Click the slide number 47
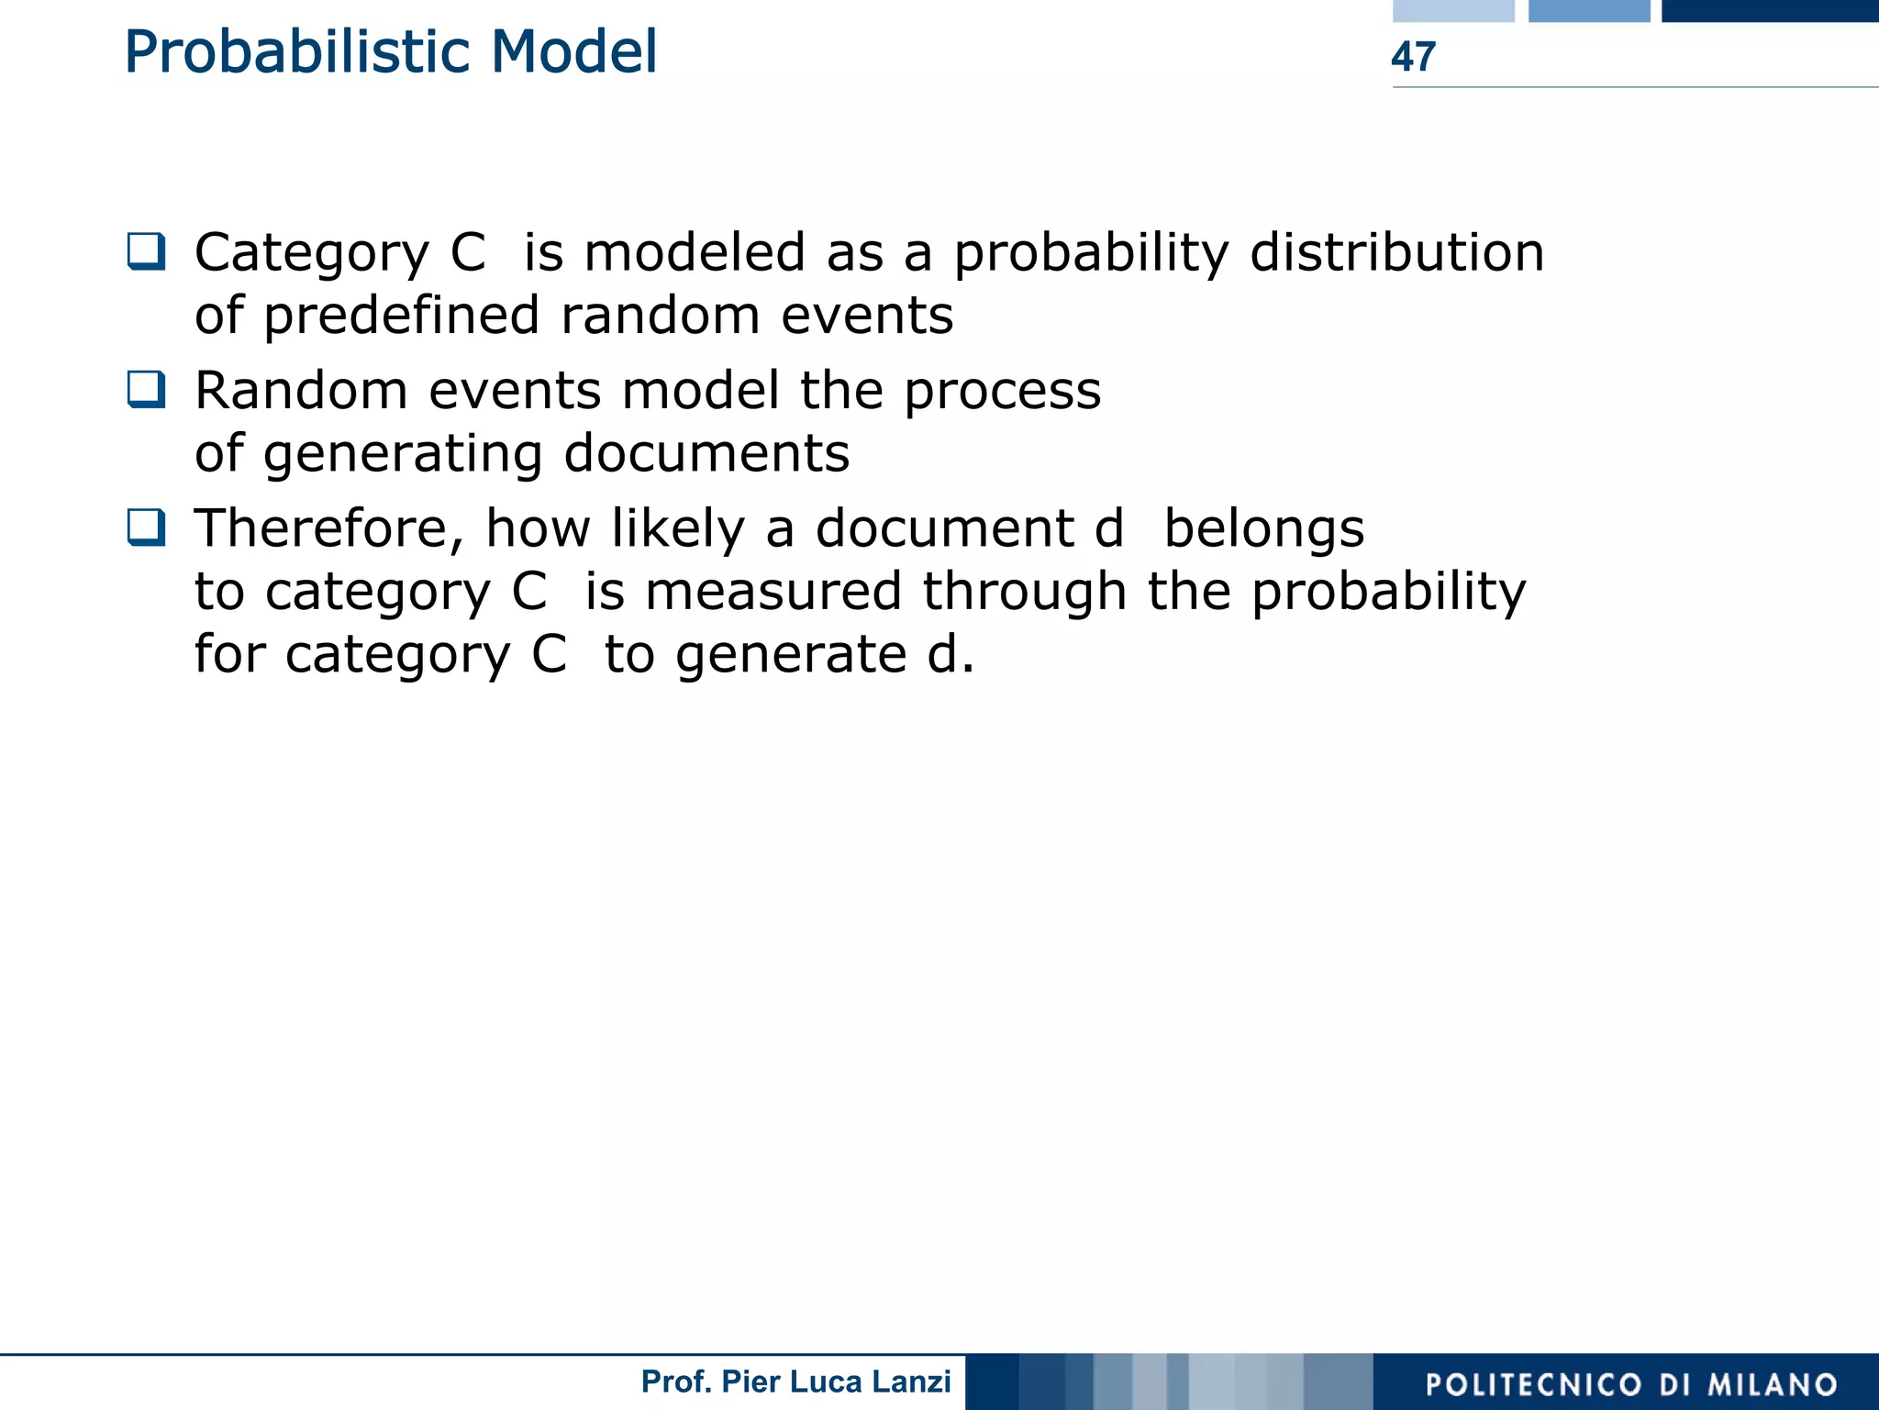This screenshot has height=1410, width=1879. (1413, 57)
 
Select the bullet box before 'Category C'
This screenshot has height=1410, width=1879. (146, 251)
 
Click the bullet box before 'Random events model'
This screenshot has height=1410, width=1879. (146, 389)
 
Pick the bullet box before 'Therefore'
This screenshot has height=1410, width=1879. (146, 527)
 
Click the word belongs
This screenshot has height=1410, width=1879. (1263, 530)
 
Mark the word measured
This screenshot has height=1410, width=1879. (773, 592)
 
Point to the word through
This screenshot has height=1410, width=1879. (1024, 592)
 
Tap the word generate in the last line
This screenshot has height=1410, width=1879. (791, 656)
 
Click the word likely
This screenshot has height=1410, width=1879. (678, 530)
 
